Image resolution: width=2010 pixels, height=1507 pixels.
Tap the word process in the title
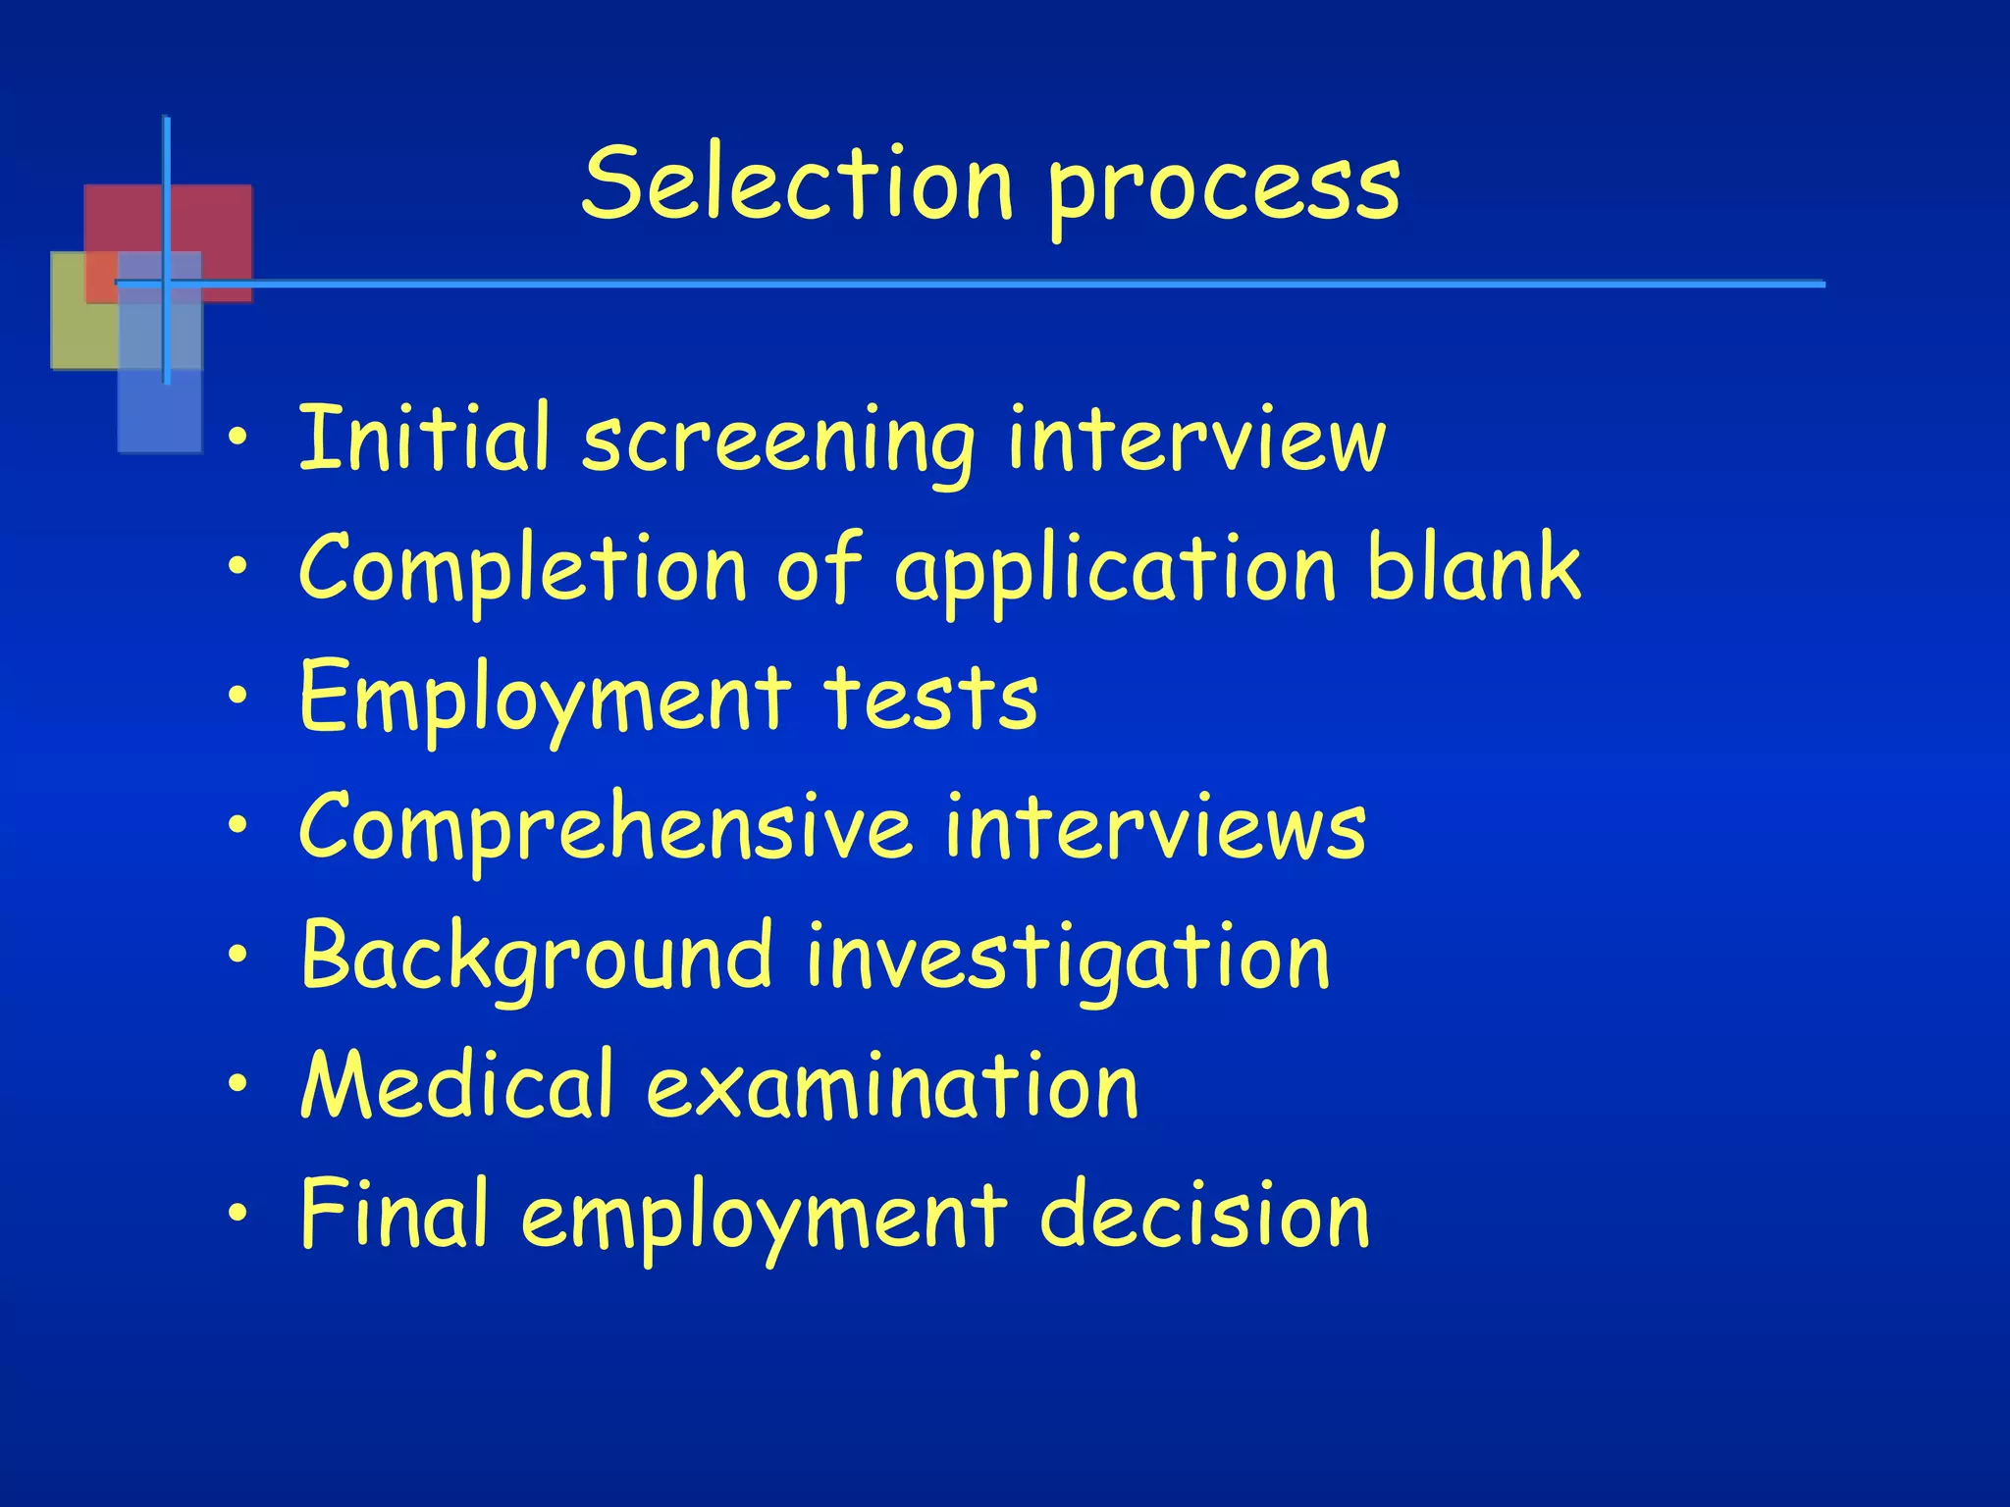[x=1224, y=189]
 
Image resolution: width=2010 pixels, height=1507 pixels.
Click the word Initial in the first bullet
[x=423, y=438]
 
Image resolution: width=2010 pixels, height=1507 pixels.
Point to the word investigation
[x=1068, y=959]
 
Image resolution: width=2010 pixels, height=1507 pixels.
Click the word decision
[x=1204, y=1214]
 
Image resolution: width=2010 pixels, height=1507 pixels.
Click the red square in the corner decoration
[x=211, y=221]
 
